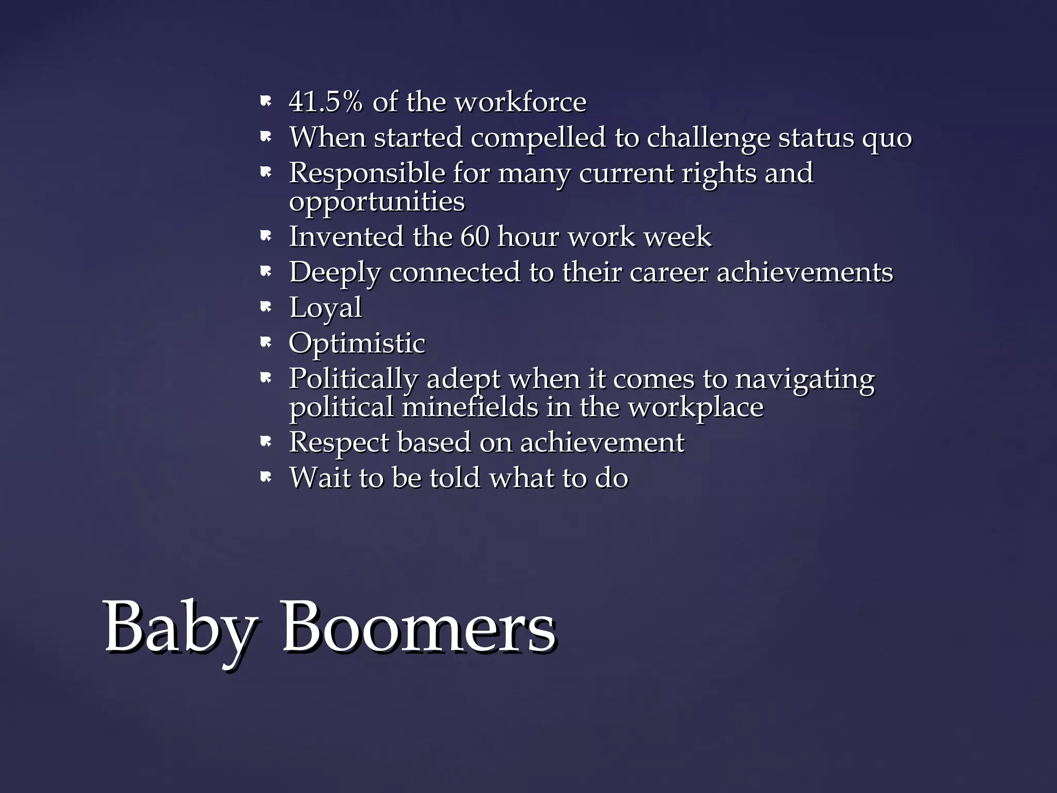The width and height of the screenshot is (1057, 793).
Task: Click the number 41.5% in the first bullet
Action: coord(326,102)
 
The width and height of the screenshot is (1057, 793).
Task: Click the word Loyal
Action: coord(326,308)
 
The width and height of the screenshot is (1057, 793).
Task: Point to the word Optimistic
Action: coord(357,344)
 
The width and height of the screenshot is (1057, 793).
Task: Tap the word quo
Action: coord(887,138)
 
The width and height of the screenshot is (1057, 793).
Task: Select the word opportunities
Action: coord(377,202)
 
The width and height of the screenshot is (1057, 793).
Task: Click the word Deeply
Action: coord(334,273)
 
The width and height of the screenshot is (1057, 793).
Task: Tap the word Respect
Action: coord(339,443)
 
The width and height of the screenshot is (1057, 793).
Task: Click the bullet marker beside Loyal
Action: coord(265,308)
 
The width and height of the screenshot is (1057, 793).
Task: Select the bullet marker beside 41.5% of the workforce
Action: coord(265,102)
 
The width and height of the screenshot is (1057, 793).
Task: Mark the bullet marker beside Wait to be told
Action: coord(265,478)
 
